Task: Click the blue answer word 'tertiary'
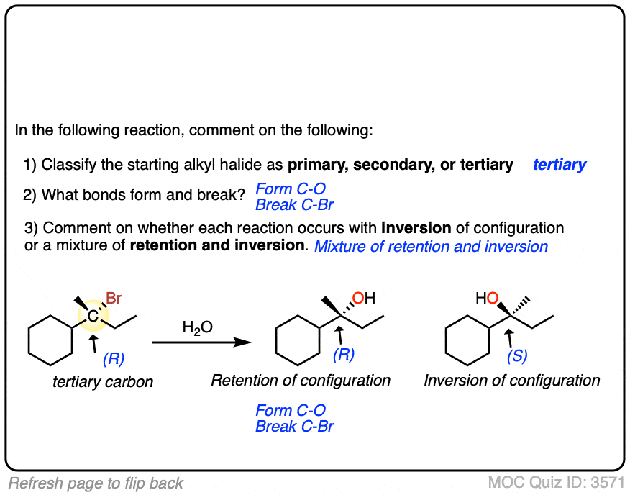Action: [x=559, y=165]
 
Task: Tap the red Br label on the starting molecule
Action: [x=114, y=298]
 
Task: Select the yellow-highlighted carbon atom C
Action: [x=93, y=315]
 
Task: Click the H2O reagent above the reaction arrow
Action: [x=197, y=329]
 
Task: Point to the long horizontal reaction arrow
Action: [x=201, y=343]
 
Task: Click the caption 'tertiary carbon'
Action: [x=103, y=382]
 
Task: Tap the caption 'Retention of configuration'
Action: [x=301, y=380]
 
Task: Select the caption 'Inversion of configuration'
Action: [x=511, y=380]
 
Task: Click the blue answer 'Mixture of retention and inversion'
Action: [x=431, y=247]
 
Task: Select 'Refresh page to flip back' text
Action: [x=96, y=483]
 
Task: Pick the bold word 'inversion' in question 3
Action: [x=416, y=228]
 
